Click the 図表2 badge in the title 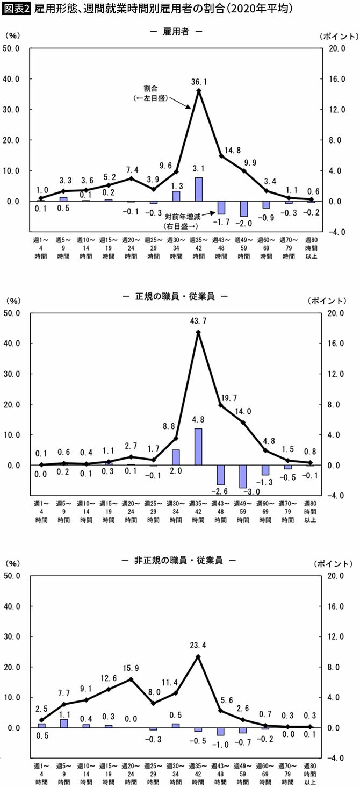coord(17,9)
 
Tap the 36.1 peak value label coord(199,81)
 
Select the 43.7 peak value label coord(199,321)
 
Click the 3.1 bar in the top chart coord(199,189)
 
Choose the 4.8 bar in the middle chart coord(199,447)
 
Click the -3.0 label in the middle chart coord(243,492)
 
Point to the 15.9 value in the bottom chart coord(132,668)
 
